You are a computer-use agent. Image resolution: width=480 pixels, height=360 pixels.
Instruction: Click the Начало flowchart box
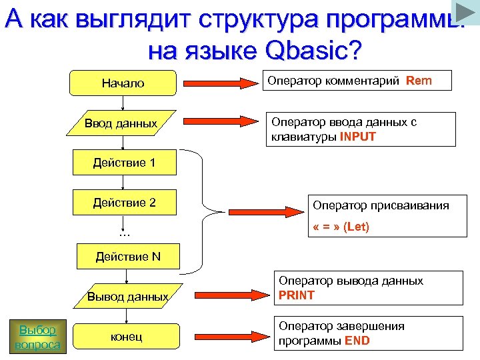pyautogui.click(x=123, y=83)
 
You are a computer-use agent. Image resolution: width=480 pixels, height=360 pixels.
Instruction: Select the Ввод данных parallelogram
pyautogui.click(x=122, y=123)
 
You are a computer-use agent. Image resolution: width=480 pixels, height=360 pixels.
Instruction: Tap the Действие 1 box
pyautogui.click(x=124, y=163)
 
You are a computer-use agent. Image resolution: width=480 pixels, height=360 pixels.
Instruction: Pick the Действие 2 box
pyautogui.click(x=124, y=203)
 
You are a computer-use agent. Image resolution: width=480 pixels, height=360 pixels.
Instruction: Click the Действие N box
pyautogui.click(x=127, y=257)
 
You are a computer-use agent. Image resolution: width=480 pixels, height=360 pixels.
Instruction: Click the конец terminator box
pyautogui.click(x=127, y=337)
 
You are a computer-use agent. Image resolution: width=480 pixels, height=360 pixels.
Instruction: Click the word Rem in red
pyautogui.click(x=419, y=81)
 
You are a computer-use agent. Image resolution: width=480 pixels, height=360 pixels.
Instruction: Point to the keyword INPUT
pyautogui.click(x=358, y=137)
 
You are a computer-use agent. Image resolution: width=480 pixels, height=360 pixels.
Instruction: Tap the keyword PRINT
pyautogui.click(x=297, y=295)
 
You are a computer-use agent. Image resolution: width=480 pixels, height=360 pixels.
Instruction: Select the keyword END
pyautogui.click(x=357, y=341)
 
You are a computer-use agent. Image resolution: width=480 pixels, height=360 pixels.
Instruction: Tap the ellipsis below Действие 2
pyautogui.click(x=123, y=233)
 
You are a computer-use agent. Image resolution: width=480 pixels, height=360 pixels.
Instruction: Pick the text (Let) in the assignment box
pyautogui.click(x=356, y=227)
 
